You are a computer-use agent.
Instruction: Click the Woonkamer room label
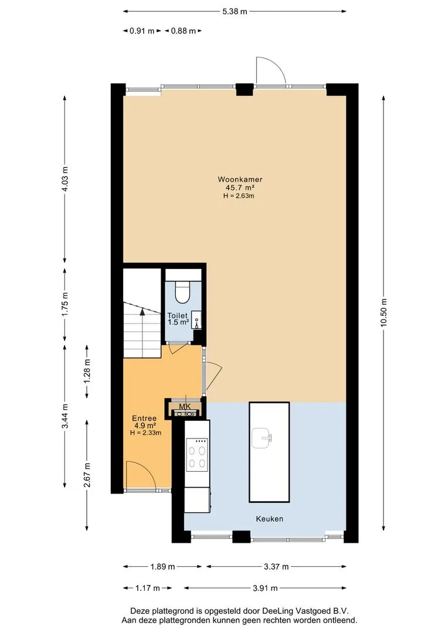coord(240,179)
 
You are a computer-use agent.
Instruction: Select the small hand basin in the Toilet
coord(196,318)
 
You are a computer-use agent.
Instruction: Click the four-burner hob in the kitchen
coord(197,455)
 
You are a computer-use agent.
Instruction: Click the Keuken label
coord(270,519)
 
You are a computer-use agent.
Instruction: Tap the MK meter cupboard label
coord(185,407)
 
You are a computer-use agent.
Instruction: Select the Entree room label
coord(144,418)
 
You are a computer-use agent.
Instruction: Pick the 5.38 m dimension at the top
coord(235,11)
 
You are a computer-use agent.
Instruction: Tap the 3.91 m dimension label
coord(265,588)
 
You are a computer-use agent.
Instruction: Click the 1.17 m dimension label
coord(147,588)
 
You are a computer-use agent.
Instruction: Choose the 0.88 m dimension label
coord(184,30)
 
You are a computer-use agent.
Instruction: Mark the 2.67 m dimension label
coord(87,475)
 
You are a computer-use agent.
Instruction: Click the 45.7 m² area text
coord(240,188)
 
